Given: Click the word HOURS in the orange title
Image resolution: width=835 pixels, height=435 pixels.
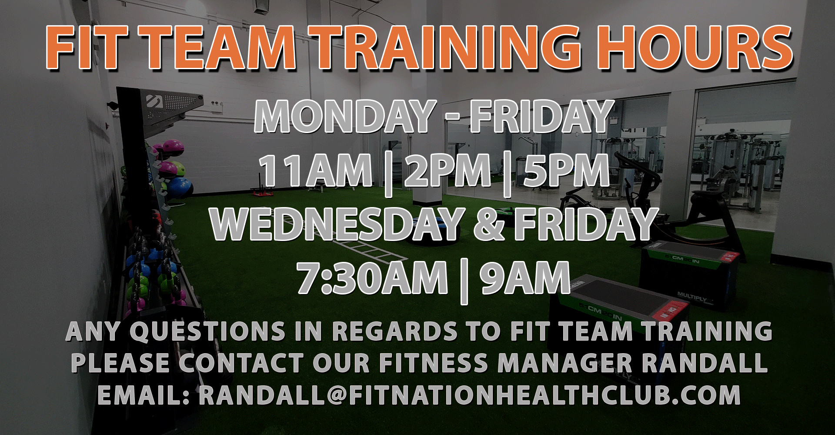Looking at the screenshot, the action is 695,47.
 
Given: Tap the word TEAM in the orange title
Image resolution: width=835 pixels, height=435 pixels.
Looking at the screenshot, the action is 220,47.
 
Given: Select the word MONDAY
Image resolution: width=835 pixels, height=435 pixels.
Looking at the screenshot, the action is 345,116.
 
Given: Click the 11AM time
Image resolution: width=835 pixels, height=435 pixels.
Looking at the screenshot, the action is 316,171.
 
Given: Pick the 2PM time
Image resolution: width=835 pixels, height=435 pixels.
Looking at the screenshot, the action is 448,171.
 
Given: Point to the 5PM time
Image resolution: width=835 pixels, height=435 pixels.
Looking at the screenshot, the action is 567,171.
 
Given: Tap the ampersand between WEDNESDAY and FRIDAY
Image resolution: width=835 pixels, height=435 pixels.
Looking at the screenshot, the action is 490,224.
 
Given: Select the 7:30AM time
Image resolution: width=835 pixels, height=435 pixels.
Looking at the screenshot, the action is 372,278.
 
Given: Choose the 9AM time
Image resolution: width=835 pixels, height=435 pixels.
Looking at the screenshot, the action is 525,278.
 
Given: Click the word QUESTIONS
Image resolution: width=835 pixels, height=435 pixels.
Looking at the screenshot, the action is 207,331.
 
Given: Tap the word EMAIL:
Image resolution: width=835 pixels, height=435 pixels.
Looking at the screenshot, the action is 144,395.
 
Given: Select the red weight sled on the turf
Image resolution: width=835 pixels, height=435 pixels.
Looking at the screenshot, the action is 262,188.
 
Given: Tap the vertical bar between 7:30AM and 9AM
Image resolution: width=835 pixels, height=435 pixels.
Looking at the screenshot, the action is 464,281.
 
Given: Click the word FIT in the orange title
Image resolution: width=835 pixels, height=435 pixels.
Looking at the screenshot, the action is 87,47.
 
